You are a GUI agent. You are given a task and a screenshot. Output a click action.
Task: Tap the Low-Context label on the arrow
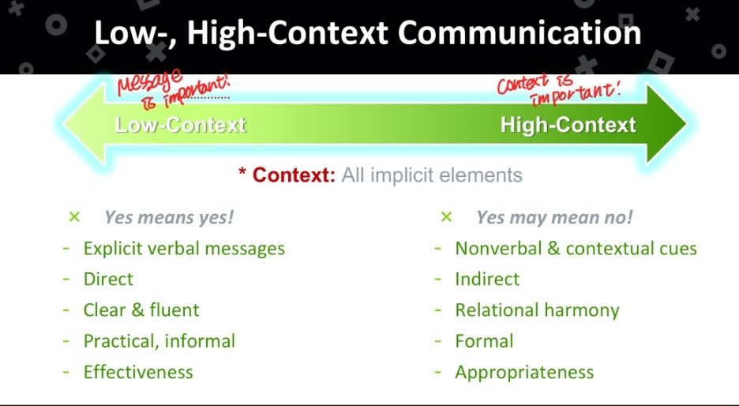pos(181,125)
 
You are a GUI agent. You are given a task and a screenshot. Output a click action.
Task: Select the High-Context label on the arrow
pos(568,125)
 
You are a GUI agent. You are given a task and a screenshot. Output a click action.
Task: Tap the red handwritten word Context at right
pos(522,84)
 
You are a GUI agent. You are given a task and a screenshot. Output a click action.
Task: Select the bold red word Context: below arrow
pos(294,175)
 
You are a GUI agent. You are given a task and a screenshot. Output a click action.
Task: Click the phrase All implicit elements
pos(432,175)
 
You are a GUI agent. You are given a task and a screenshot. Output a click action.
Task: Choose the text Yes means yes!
pos(169,217)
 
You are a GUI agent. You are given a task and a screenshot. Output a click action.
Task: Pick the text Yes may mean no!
pos(554,217)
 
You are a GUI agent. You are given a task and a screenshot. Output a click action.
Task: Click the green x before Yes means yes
pos(74,217)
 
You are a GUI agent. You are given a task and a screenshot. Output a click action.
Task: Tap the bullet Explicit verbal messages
pos(184,249)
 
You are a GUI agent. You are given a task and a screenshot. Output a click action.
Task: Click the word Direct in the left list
pos(108,279)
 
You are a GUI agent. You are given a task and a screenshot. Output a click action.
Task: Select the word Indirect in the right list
pos(487,279)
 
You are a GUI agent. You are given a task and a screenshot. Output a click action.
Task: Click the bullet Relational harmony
pos(538,310)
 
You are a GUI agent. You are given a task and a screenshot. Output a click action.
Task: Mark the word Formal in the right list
pos(484,341)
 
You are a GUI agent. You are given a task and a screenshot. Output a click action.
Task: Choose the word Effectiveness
pos(138,372)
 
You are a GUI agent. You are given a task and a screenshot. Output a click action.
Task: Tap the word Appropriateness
pos(524,373)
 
